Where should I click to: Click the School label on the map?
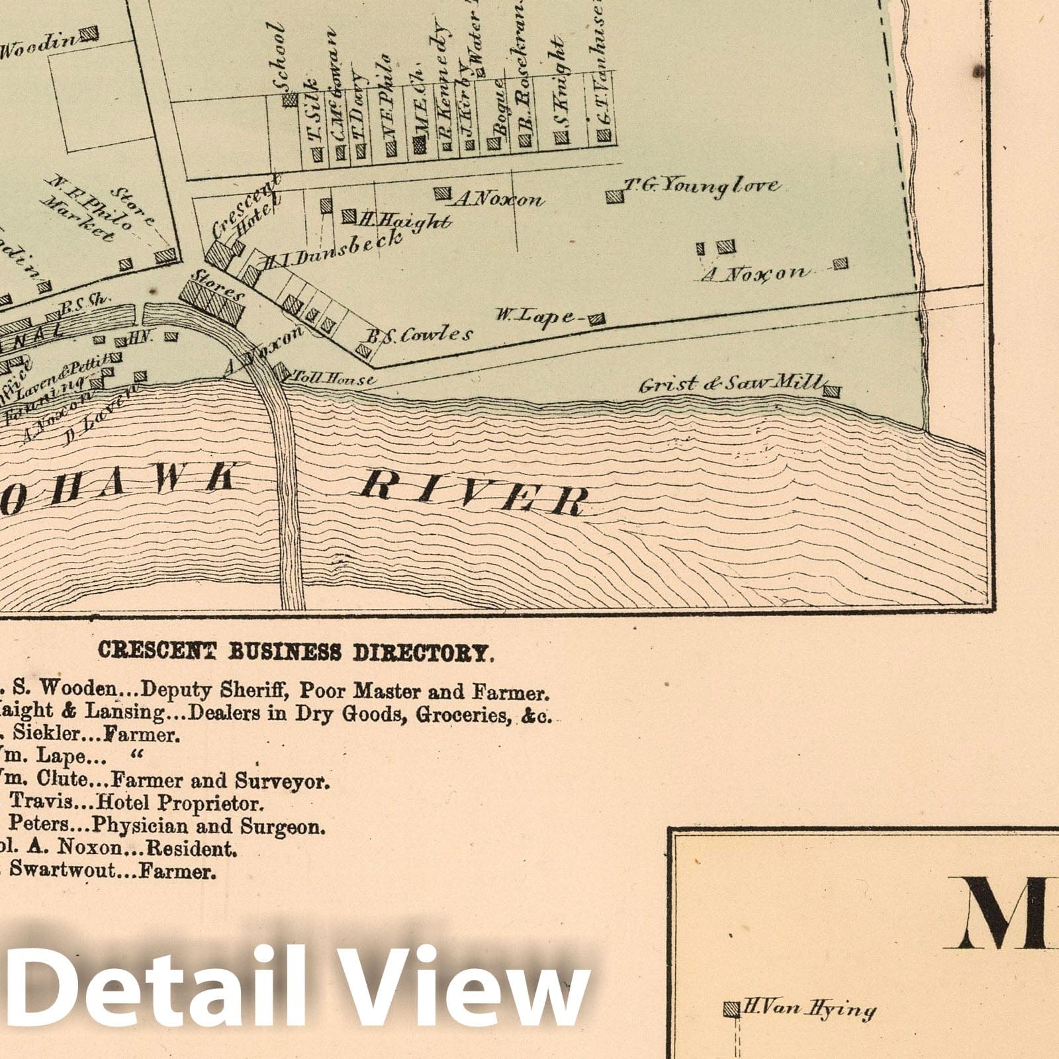279,59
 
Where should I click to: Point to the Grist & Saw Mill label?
731,384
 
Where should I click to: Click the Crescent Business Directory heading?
295,651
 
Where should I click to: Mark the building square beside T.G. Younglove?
614,196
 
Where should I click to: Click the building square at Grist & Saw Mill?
832,391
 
